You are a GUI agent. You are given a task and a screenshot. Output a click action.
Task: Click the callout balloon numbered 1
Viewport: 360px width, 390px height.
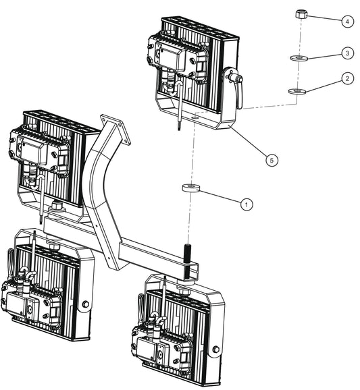click(x=247, y=203)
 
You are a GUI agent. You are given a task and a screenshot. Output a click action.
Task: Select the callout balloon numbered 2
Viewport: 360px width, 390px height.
click(x=346, y=79)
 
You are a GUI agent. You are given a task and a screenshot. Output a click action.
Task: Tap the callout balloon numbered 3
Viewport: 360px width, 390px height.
click(x=346, y=52)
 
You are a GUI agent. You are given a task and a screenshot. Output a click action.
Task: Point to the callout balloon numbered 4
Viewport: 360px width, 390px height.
click(x=346, y=22)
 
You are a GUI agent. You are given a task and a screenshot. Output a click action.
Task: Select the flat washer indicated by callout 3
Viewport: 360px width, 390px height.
click(x=297, y=59)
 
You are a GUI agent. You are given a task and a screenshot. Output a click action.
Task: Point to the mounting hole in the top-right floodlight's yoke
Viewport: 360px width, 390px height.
click(x=194, y=116)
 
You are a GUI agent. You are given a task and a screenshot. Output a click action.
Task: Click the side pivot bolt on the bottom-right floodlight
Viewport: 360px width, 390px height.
click(x=216, y=350)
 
